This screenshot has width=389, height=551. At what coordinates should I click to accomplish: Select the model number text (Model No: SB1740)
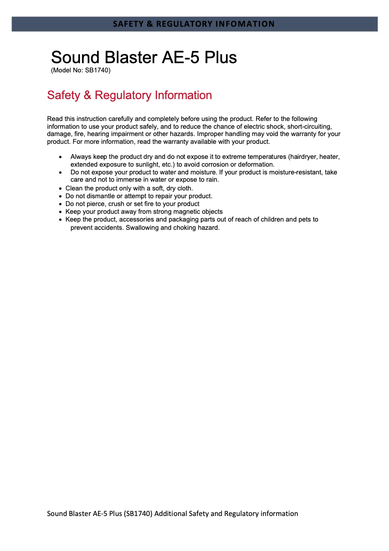81,70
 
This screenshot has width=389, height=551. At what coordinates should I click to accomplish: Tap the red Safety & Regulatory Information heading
130,95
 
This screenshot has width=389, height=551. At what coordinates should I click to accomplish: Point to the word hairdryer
303,157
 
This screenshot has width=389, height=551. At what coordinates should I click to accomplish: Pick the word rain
212,180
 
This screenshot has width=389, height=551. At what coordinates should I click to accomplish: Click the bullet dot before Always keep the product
60,157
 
